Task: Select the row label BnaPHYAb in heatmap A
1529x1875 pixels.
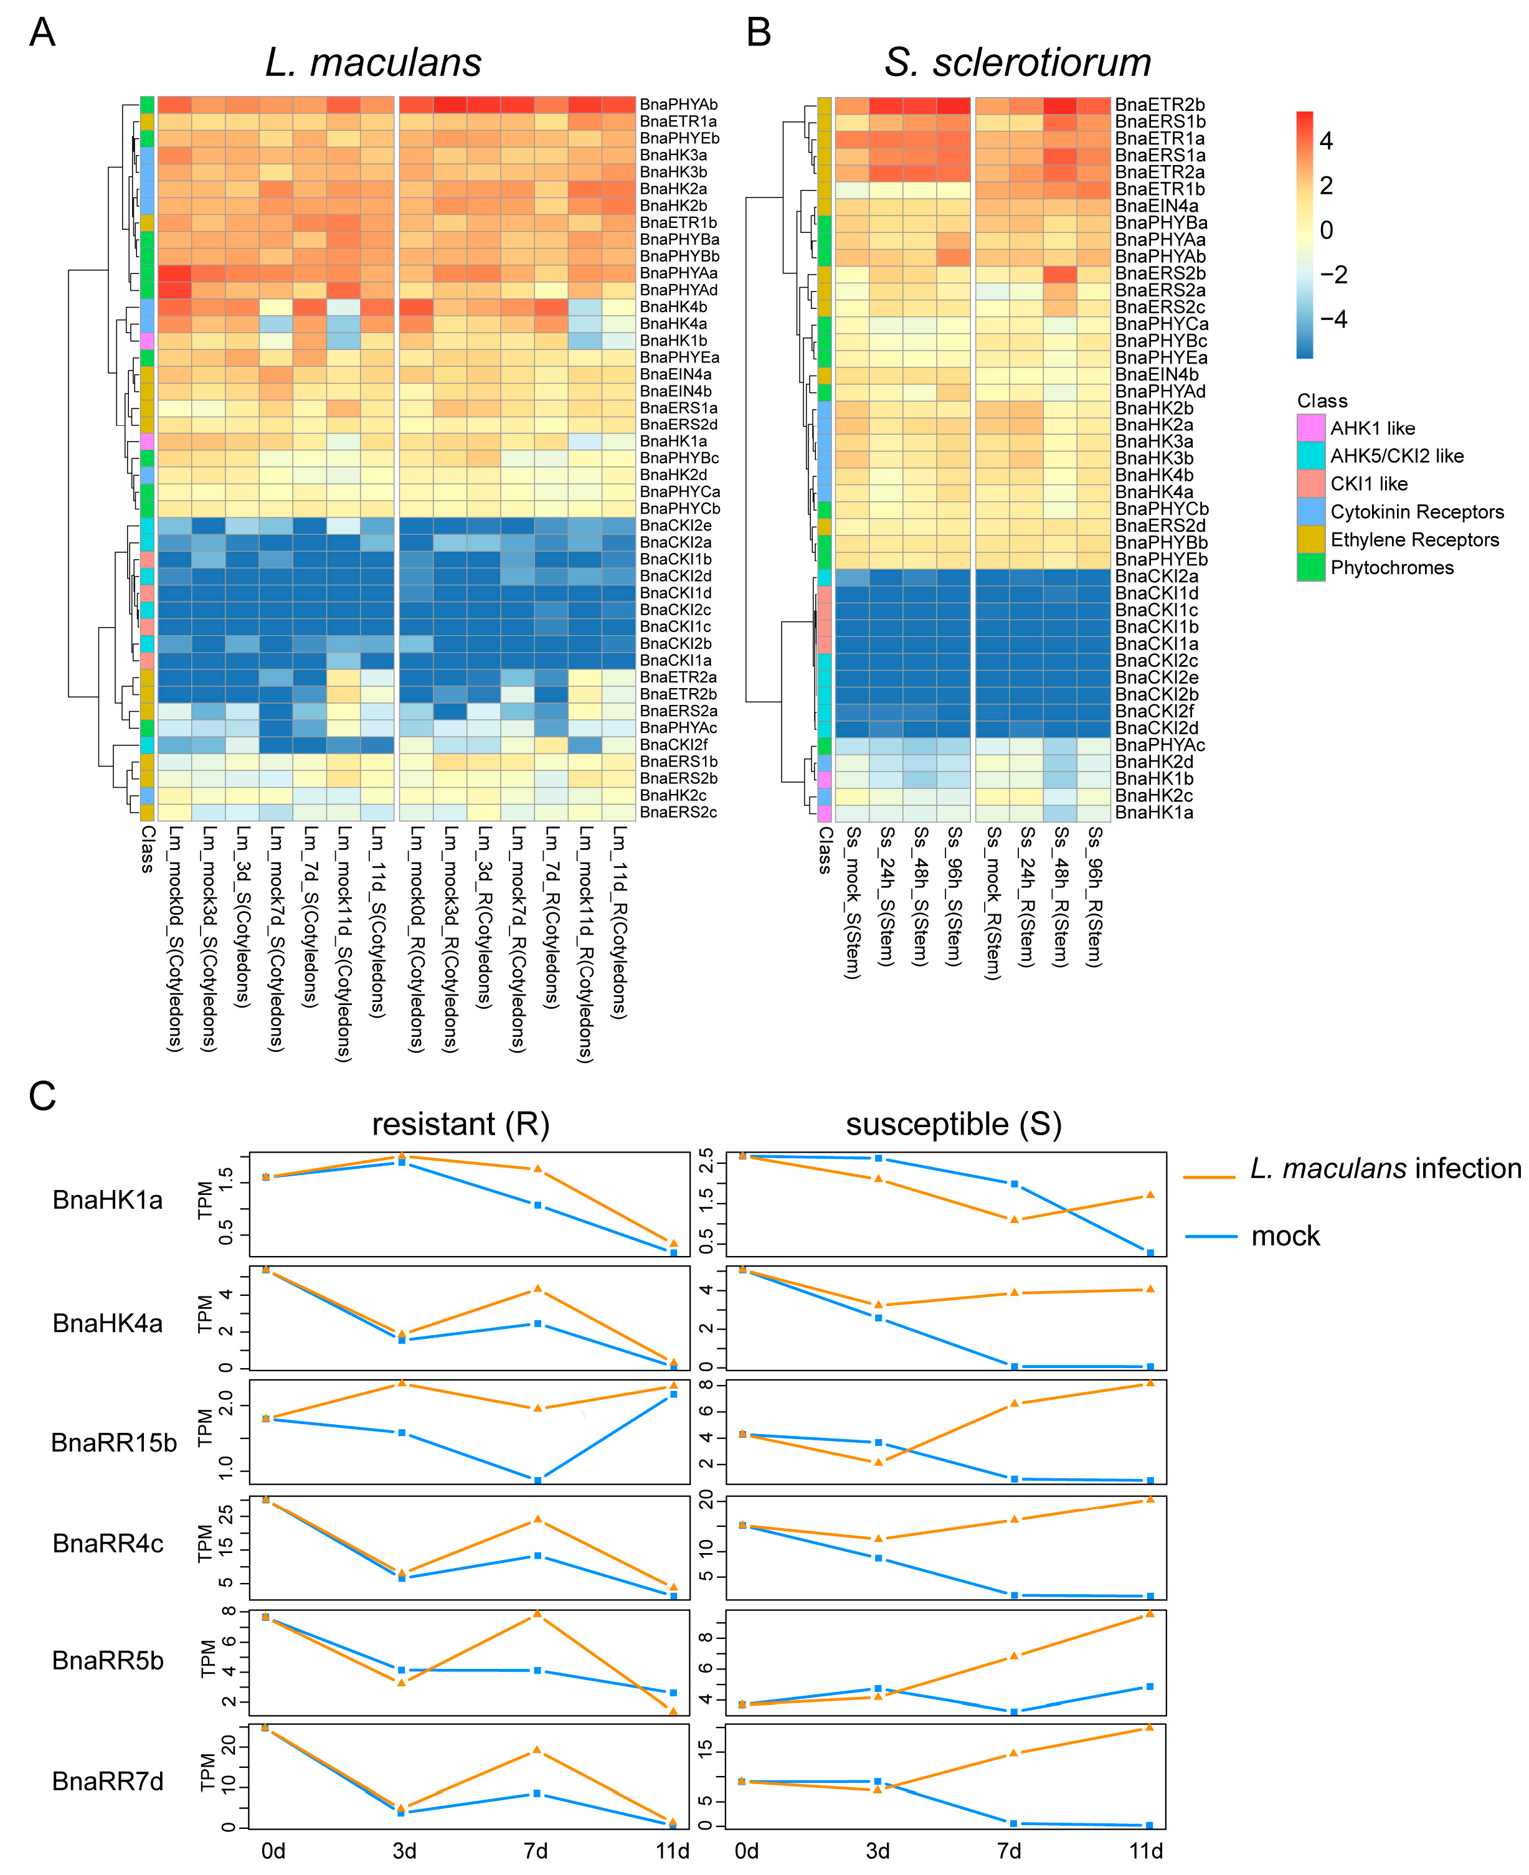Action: coord(678,105)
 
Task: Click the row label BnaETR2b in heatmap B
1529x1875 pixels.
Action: coord(1159,105)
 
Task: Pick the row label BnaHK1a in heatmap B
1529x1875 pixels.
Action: coord(1154,812)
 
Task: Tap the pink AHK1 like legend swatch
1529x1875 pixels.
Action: coord(1310,428)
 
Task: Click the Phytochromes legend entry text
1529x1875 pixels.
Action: coord(1391,568)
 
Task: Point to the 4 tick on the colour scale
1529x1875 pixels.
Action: coord(1325,141)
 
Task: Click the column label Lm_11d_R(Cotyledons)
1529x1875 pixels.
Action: coord(619,921)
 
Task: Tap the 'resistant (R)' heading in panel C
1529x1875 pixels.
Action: coord(461,1125)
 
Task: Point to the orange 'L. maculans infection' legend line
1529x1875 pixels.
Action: coord(1209,1176)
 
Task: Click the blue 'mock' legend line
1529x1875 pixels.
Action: coord(1211,1237)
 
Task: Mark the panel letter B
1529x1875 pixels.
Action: coord(759,32)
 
